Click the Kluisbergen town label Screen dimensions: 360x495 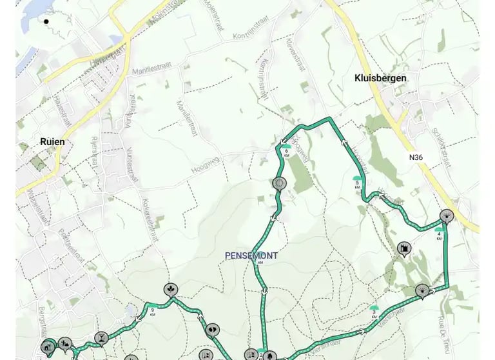pos(380,78)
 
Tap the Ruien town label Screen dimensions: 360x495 pos(52,142)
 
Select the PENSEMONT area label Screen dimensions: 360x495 pos(251,255)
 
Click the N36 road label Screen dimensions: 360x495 pos(416,157)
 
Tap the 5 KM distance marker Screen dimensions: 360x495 pos(357,181)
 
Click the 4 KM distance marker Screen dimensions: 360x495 pos(439,233)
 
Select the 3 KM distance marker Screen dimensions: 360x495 pos(374,312)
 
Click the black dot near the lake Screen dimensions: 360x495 pos(46,21)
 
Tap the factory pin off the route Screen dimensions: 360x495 pos(404,248)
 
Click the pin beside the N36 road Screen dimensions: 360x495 pos(446,215)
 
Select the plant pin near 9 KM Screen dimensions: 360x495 pos(170,290)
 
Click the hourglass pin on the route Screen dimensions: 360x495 pos(101,337)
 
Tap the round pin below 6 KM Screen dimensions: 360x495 pos(279,183)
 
